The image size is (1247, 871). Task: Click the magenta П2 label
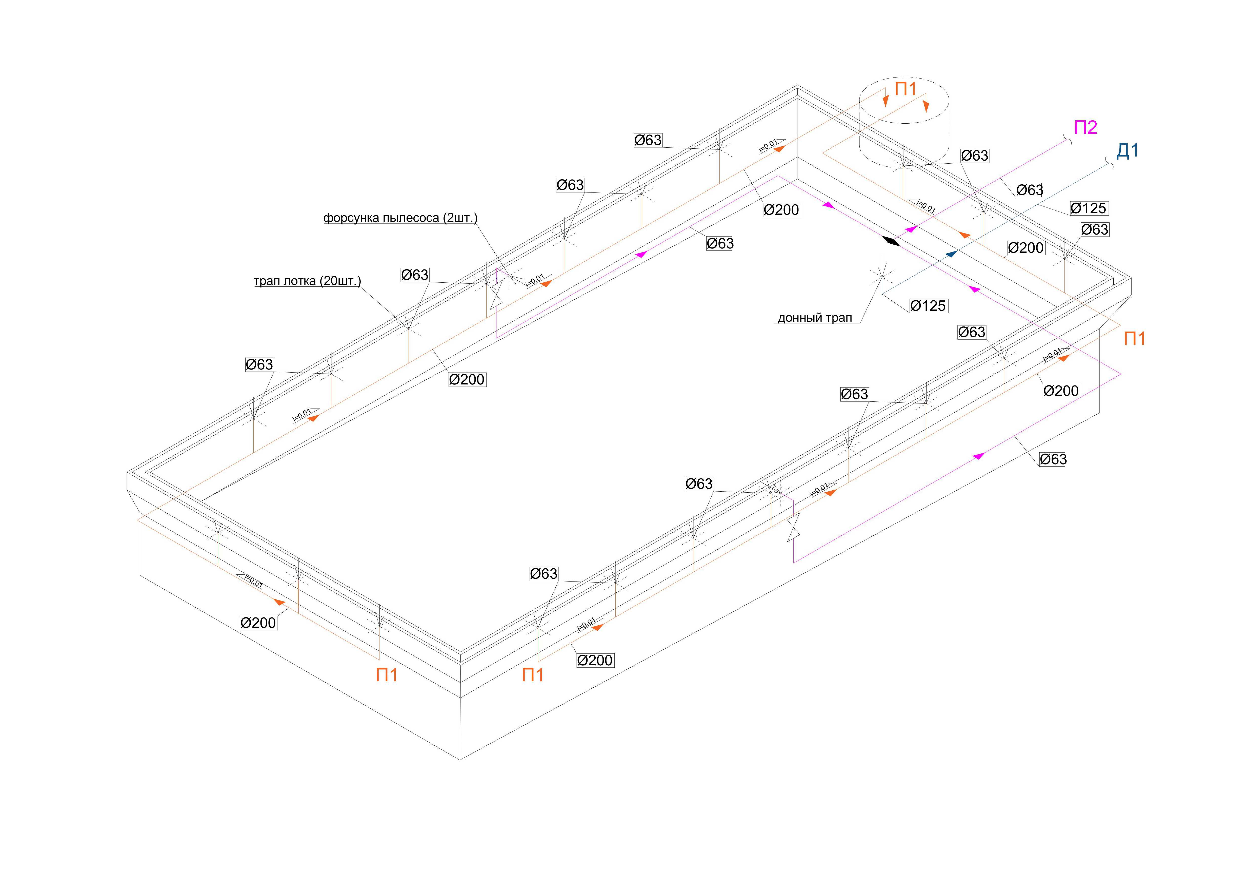click(1085, 127)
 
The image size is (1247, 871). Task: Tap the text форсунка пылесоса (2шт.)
click(400, 218)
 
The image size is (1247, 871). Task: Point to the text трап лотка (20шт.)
click(307, 281)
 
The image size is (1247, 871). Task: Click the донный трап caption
click(815, 318)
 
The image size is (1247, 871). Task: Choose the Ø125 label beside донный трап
click(928, 306)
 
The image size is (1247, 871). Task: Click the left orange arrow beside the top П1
click(886, 101)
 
